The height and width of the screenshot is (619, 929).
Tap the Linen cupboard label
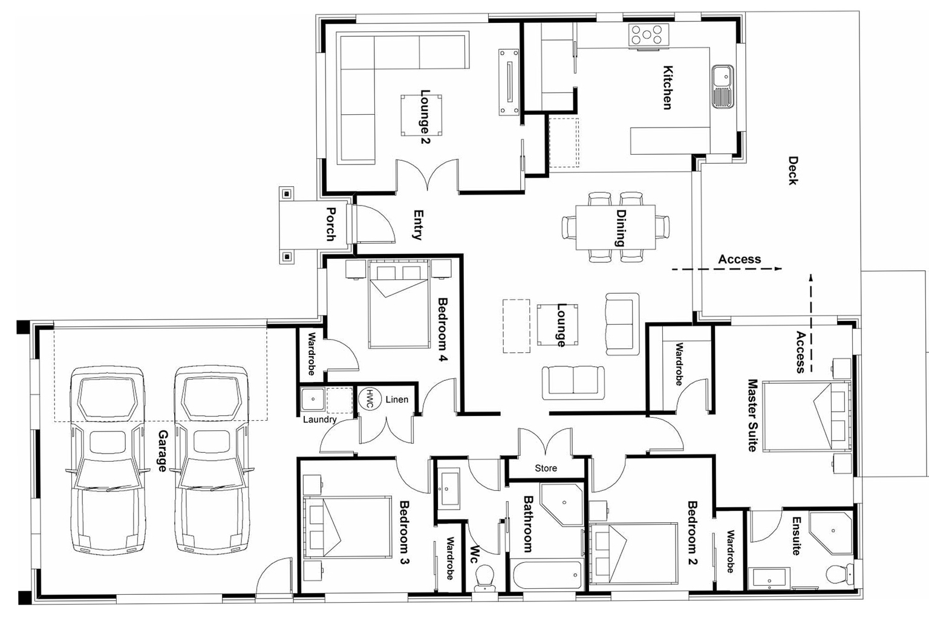[397, 400]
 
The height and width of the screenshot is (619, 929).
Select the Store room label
[546, 468]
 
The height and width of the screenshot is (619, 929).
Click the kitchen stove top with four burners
[648, 35]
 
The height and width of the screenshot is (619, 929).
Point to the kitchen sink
[722, 86]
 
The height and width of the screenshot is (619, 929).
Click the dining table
[615, 227]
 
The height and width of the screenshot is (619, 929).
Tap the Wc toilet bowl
[485, 577]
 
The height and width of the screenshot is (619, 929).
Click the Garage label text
[162, 451]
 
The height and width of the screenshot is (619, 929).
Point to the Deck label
[793, 170]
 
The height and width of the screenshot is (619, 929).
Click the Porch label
[331, 224]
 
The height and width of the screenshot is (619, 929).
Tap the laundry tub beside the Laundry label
[313, 400]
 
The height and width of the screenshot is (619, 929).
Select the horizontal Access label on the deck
[739, 259]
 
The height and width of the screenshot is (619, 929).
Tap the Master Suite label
[752, 415]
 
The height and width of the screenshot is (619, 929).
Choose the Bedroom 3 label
[404, 532]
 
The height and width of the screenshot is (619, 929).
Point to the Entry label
[417, 225]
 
